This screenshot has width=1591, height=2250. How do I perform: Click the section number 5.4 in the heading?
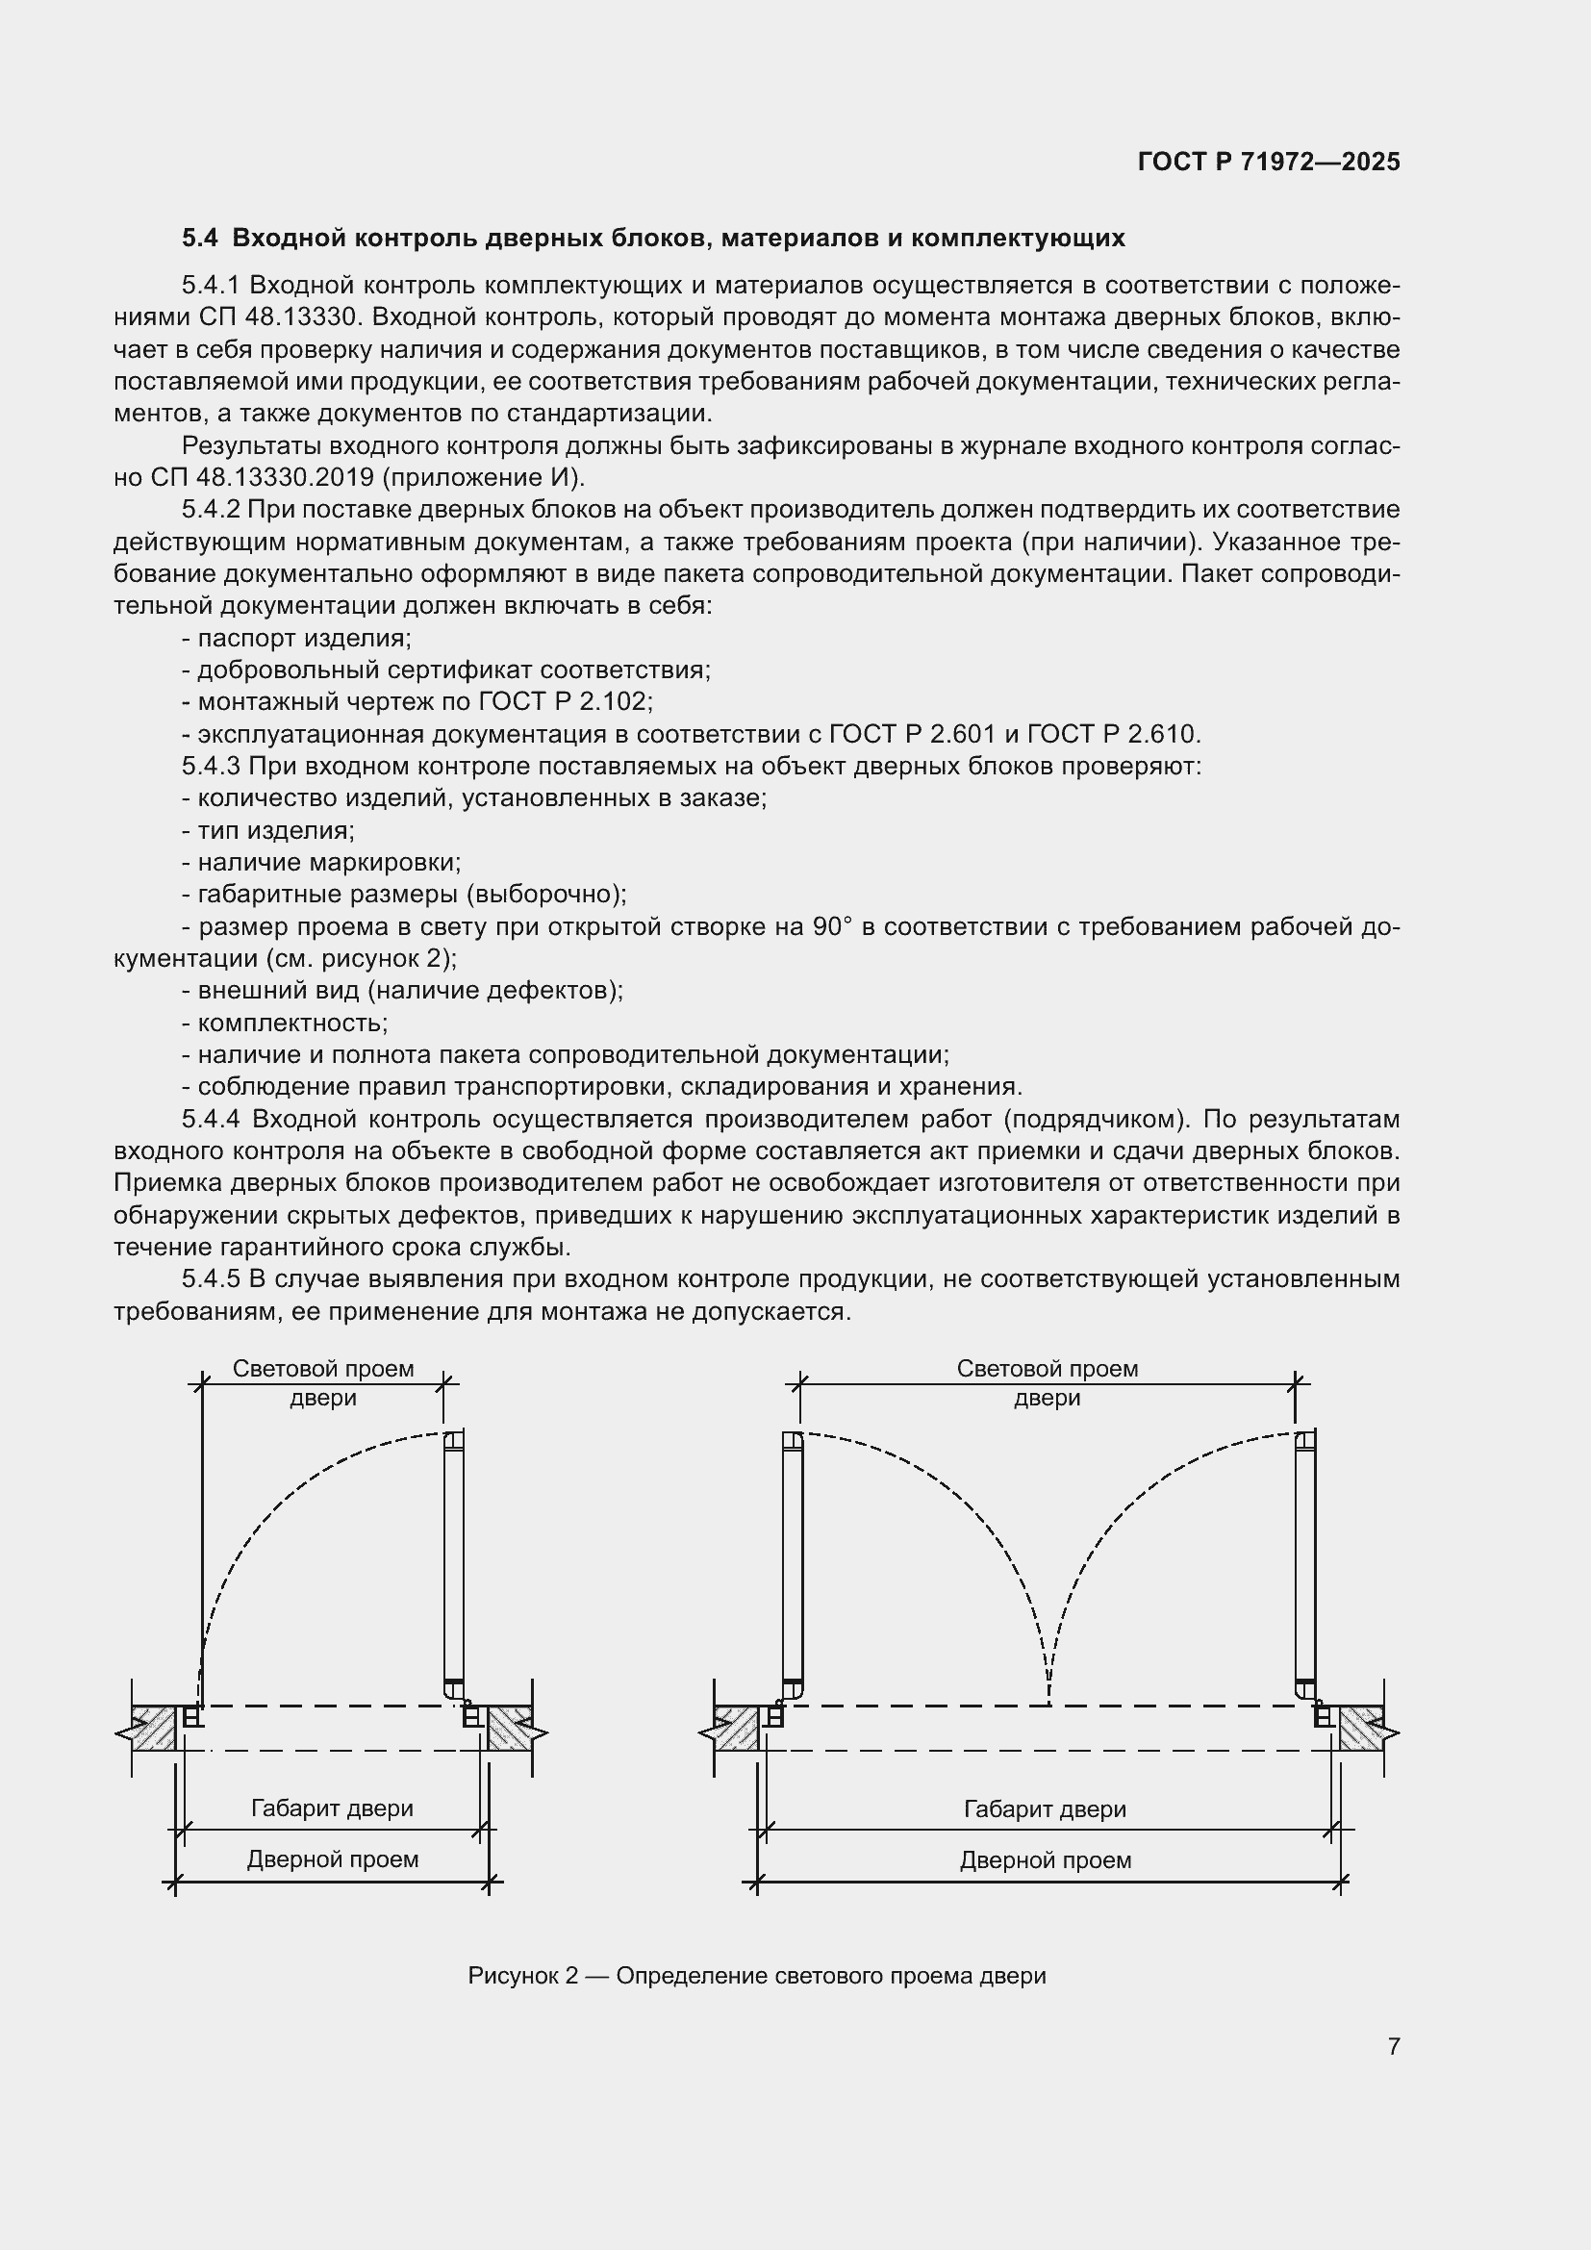coord(199,239)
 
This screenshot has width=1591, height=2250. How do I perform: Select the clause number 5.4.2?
coord(210,510)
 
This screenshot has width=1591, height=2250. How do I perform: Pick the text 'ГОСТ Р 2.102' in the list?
coord(564,701)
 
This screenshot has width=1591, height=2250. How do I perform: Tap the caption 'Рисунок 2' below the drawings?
coord(524,1975)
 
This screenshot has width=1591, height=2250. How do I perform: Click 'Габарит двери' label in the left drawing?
coord(331,1808)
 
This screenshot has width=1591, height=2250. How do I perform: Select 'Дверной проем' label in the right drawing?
coord(1046,1860)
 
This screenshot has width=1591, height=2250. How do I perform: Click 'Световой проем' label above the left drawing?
coord(322,1368)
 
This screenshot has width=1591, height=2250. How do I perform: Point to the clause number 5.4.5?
coord(210,1278)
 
